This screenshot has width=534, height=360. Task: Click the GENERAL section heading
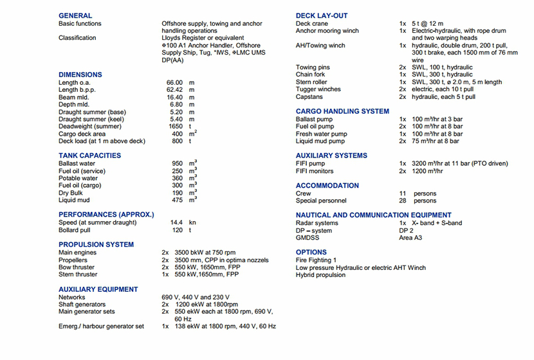click(75, 15)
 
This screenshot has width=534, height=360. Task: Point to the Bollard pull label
click(74, 230)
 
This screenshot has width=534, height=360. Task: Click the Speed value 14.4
click(177, 222)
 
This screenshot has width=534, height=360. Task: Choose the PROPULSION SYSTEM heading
click(97, 245)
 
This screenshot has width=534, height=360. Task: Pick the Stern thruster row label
click(78, 274)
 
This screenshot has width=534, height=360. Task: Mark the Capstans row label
click(309, 97)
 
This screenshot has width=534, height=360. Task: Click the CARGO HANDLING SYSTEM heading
click(342, 111)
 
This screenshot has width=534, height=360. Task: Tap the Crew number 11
click(403, 194)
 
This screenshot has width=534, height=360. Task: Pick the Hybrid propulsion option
click(320, 275)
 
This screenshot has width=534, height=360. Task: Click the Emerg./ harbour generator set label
click(101, 327)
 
